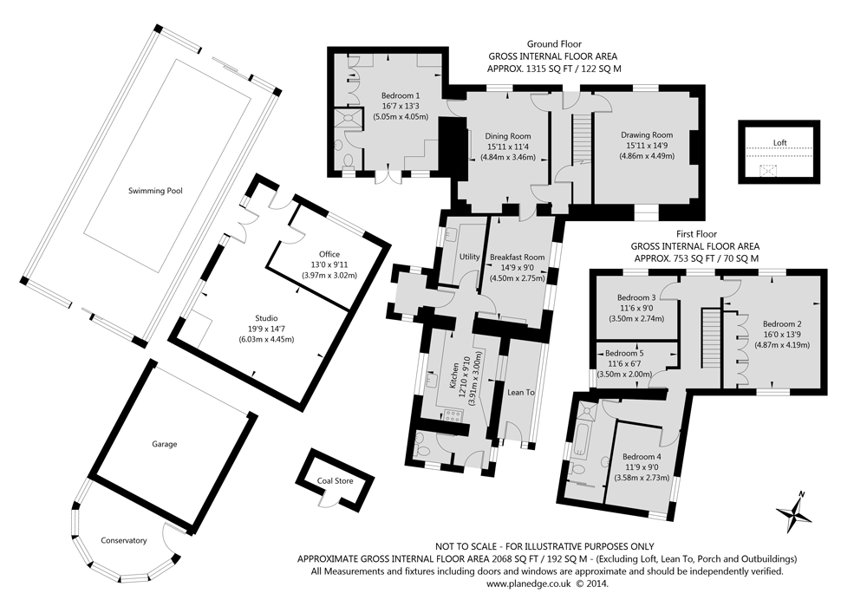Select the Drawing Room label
pos(646,135)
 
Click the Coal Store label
pos(335,479)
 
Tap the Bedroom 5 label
pos(624,354)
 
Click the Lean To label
pos(520,393)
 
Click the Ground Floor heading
pos(554,43)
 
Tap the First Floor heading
pos(695,234)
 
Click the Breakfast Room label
pos(517,258)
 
